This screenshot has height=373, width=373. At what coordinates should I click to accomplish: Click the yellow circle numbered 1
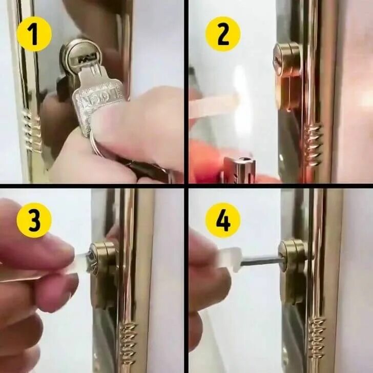coord(34,34)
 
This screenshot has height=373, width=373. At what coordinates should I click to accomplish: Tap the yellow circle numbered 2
coord(223,34)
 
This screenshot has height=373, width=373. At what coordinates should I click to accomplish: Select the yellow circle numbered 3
coord(34,220)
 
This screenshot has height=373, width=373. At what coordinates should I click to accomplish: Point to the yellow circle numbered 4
coord(223,220)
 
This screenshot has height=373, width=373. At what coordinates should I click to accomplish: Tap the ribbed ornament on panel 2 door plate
coord(315,143)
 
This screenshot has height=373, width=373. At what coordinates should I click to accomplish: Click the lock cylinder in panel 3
coord(102,258)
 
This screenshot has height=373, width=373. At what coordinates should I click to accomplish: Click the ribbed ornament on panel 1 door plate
coord(31,130)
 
